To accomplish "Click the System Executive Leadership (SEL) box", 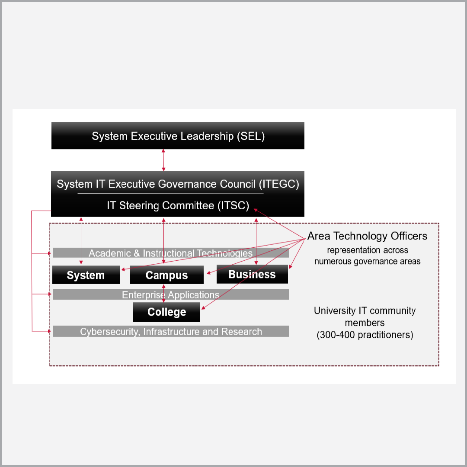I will point(178,136).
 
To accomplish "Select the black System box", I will point(86,275).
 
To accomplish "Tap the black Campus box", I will point(166,275).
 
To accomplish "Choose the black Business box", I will point(252,274).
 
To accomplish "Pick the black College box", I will point(166,312).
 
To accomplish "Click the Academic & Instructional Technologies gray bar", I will point(170,253).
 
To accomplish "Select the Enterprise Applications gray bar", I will point(170,294).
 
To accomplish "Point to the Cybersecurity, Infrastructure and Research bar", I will point(171,332).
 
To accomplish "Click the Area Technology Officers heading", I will point(367,236).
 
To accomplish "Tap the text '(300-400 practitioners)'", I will point(365,335).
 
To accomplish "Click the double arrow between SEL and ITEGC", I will point(163,160).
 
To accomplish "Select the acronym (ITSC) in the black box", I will point(233,206).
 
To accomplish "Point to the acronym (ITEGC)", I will point(279,184).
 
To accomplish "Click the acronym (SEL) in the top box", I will point(250,136).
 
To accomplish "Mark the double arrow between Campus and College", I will point(163,293).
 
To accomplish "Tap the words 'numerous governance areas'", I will point(367,261).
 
